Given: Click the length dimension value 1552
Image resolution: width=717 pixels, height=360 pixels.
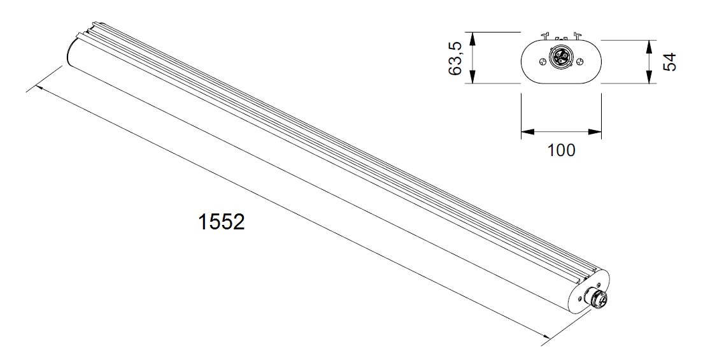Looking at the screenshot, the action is tap(222, 222).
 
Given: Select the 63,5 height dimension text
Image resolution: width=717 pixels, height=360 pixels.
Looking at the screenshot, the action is tap(457, 58).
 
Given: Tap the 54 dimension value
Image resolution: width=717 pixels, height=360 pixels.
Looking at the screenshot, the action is tap(669, 62).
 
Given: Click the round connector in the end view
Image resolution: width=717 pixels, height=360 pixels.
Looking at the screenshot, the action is tap(560, 58).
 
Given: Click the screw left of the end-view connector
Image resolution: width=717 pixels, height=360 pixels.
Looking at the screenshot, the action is tap(543, 62).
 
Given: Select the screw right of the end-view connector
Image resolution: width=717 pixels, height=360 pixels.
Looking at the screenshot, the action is tap(580, 61).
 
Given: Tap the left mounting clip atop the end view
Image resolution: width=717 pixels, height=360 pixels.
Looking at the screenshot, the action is tap(545, 35).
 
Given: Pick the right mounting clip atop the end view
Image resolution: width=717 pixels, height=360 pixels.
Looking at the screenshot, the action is tap(578, 35).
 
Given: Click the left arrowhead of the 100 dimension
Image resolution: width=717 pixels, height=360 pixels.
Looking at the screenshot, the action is tap(528, 132).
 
